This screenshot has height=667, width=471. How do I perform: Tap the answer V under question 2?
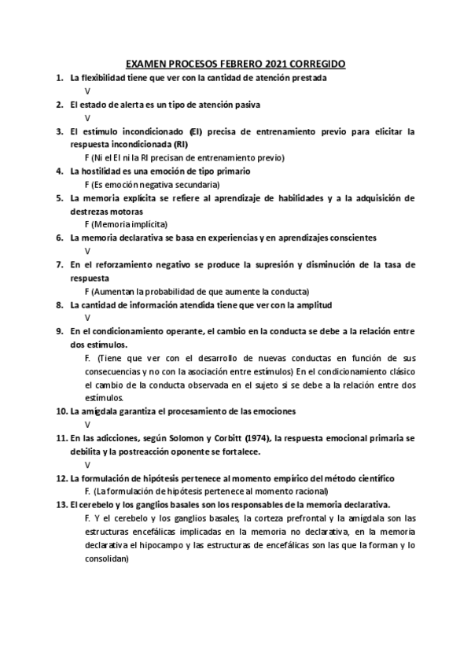[87, 118]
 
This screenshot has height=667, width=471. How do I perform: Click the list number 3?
[60, 131]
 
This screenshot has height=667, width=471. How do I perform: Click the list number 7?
[60, 264]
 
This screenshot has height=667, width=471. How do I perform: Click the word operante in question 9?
[186, 331]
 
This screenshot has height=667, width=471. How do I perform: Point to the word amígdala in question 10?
[104, 411]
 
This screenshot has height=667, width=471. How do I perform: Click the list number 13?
[62, 505]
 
